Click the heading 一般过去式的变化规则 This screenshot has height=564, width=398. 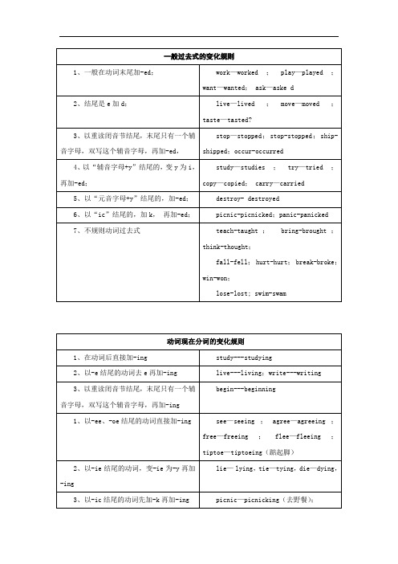(198, 57)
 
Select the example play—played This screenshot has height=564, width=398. (300, 72)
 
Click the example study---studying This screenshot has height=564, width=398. (245, 357)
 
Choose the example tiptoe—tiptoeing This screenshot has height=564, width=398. (239, 452)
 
